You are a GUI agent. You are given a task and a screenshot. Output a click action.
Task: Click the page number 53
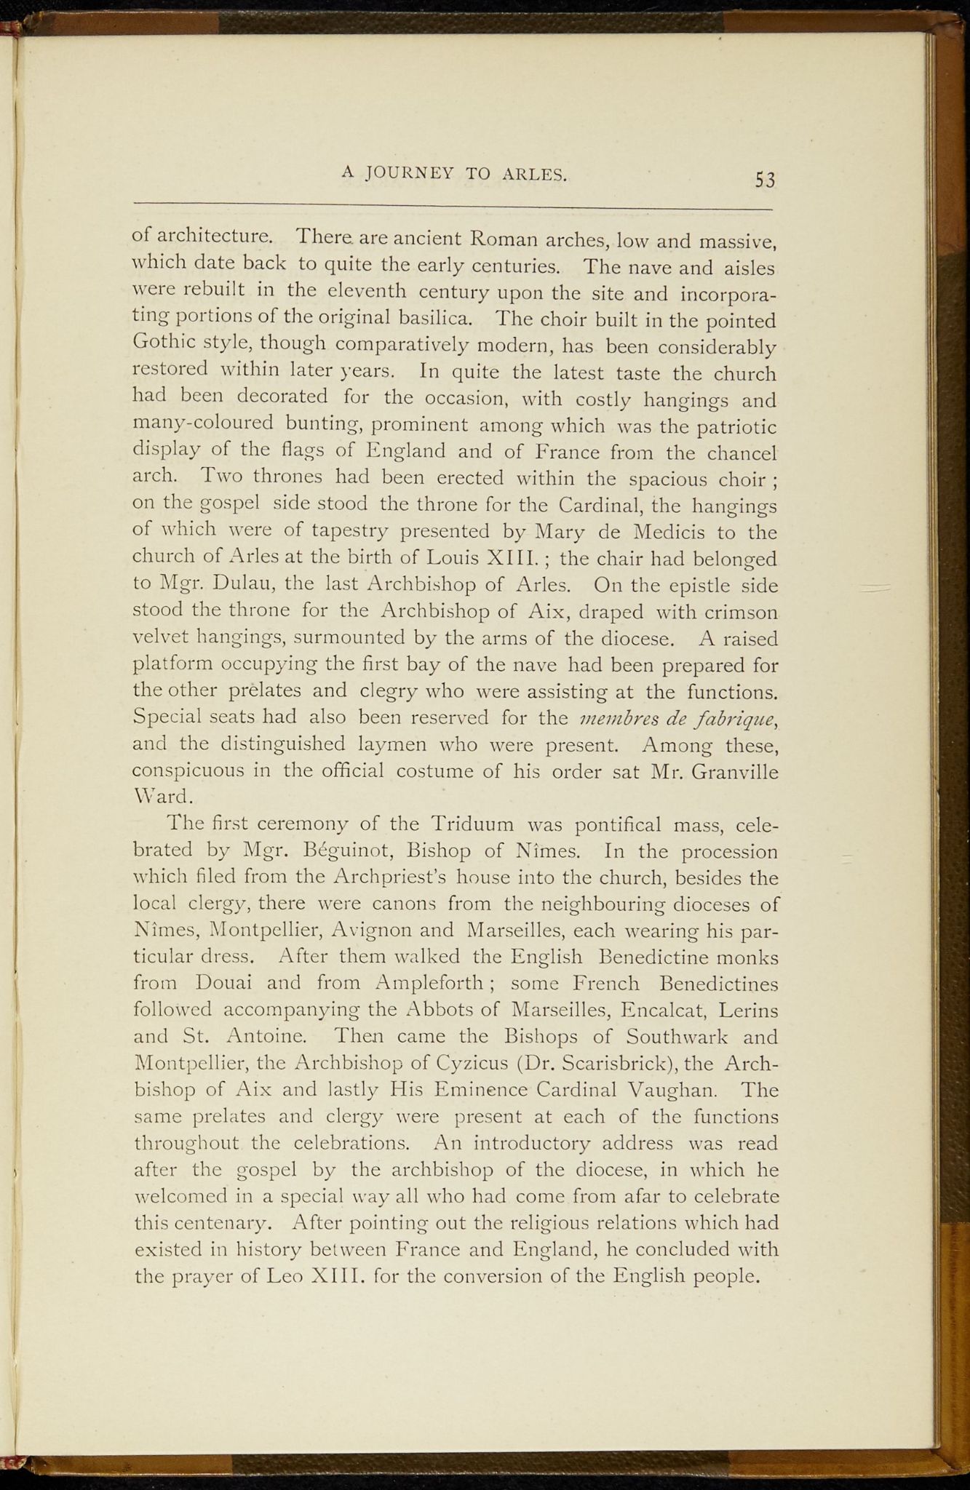[765, 179]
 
